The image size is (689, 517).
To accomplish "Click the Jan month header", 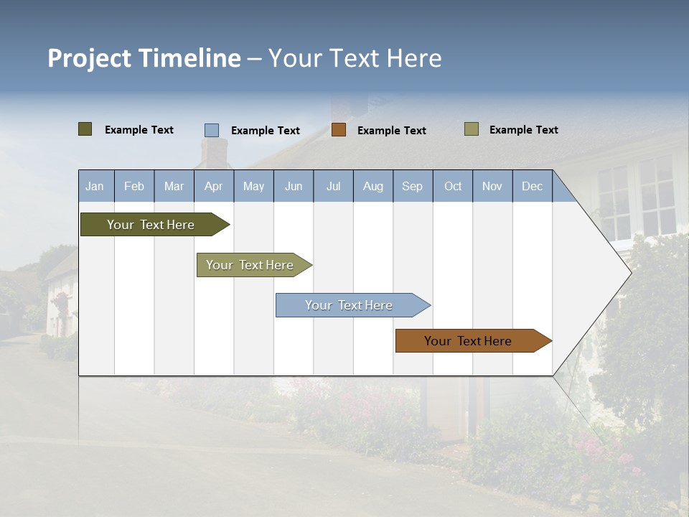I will pyautogui.click(x=95, y=186).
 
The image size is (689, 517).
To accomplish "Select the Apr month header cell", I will pyautogui.click(x=213, y=186).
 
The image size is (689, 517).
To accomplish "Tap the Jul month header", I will pyautogui.click(x=333, y=186).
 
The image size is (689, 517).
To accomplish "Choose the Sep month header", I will pyautogui.click(x=412, y=186).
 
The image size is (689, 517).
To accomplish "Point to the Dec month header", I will pyautogui.click(x=532, y=186).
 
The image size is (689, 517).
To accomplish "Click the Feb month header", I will pyautogui.click(x=134, y=186).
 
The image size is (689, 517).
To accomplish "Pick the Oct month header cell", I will pyautogui.click(x=453, y=186).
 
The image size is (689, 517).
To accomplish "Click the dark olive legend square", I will pyautogui.click(x=85, y=129).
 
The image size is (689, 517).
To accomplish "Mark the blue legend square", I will pyautogui.click(x=212, y=130).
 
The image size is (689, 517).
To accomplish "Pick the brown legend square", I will pyautogui.click(x=339, y=130).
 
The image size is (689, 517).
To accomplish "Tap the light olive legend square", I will pyautogui.click(x=472, y=129).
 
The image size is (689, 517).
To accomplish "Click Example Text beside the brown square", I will pyautogui.click(x=392, y=131).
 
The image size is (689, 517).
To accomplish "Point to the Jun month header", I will pyautogui.click(x=294, y=186).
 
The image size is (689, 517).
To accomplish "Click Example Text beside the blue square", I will pyautogui.click(x=266, y=131).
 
